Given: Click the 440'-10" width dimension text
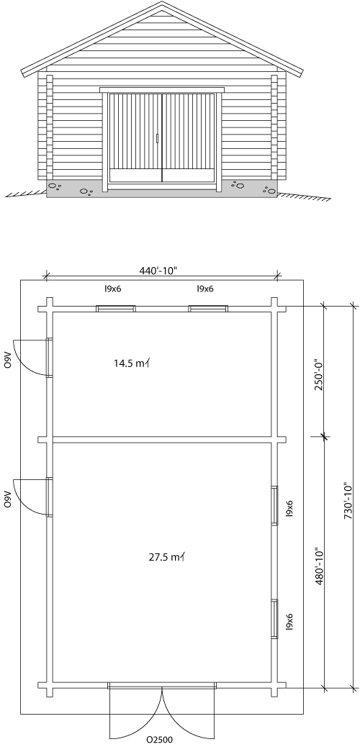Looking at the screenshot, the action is point(158,271).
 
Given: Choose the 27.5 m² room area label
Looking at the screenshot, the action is point(166,556).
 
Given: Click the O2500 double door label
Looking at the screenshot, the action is point(160,740).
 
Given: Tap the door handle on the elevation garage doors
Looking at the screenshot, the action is point(158,138).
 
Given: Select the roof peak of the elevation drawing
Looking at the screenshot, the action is point(162,2).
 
